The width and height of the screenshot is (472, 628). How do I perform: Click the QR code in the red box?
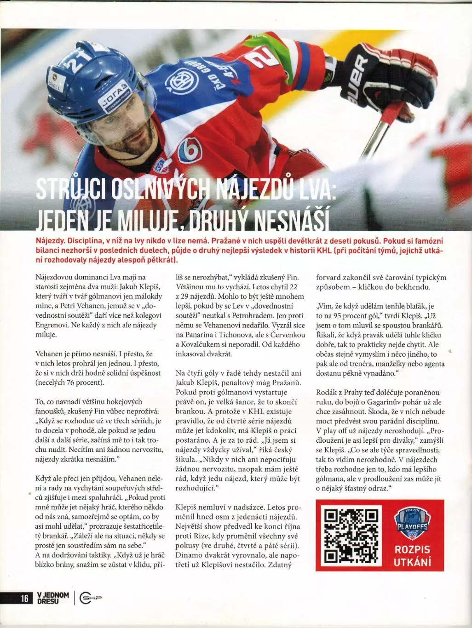click(x=351, y=536)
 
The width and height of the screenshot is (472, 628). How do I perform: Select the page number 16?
click(x=24, y=598)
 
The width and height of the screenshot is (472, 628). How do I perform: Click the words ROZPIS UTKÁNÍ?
click(x=412, y=555)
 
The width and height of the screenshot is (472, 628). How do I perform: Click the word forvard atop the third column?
click(x=329, y=278)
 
